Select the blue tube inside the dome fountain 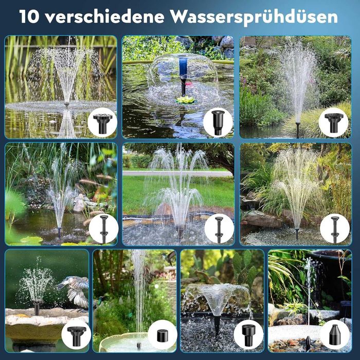(x=183, y=67)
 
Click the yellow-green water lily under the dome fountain (x=185, y=99)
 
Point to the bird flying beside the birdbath (x=74, y=291)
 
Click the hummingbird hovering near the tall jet (x=169, y=257)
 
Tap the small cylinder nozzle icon (x=163, y=335)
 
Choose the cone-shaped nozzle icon (x=335, y=334)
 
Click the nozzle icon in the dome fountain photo (x=218, y=122)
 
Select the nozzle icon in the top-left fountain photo (x=102, y=123)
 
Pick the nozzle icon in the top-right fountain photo (x=333, y=122)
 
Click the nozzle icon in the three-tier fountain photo (x=219, y=229)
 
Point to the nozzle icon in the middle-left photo (x=104, y=229)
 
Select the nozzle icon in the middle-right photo (x=335, y=229)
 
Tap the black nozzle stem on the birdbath (x=37, y=308)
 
